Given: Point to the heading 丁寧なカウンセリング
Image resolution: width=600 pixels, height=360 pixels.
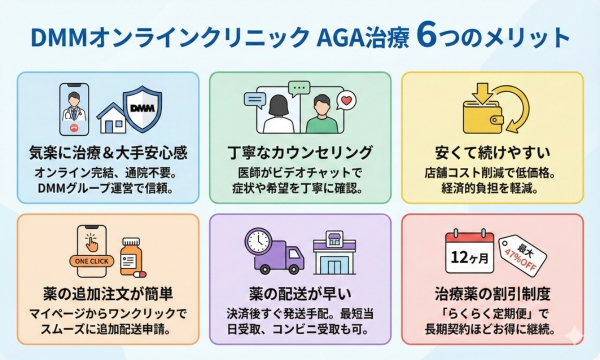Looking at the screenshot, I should coord(299,152).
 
